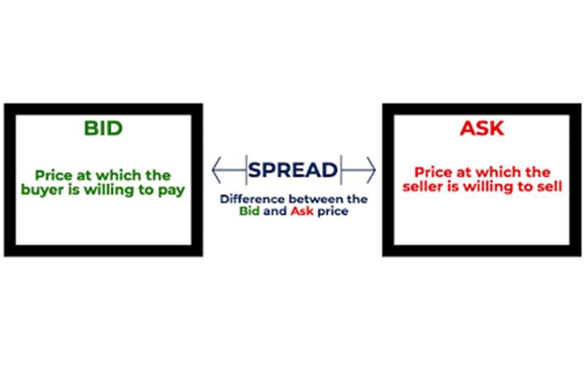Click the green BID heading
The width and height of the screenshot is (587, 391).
(103, 129)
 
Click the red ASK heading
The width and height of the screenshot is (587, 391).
(482, 129)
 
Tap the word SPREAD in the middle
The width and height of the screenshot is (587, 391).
(293, 170)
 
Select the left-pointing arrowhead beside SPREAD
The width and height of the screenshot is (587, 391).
(216, 170)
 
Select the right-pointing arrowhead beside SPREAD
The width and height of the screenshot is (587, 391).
(371, 170)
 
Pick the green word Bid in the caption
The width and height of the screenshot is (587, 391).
(249, 211)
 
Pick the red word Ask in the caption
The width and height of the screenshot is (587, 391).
(302, 211)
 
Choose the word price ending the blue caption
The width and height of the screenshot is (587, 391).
(333, 211)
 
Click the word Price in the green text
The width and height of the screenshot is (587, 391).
(53, 175)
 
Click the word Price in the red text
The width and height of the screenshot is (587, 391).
(433, 172)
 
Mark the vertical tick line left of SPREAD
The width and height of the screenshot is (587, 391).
(246, 170)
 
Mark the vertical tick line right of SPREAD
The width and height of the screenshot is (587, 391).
(341, 170)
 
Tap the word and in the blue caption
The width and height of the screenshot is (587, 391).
(275, 211)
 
